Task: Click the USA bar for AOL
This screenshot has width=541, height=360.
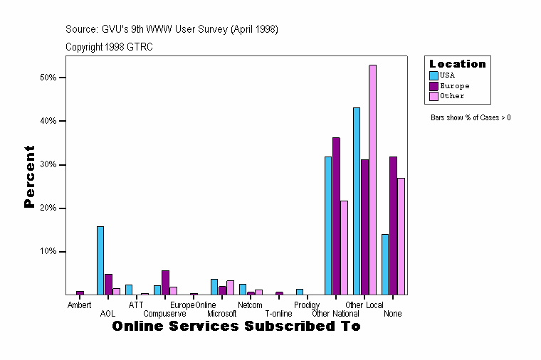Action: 100,260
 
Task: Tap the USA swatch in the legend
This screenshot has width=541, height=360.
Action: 434,75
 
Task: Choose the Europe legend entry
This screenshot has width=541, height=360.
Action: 454,85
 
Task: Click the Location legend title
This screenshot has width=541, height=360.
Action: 457,64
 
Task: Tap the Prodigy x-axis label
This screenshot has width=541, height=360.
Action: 307,305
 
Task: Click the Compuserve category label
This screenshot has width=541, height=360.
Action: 164,314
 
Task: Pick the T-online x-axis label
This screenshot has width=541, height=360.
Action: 278,314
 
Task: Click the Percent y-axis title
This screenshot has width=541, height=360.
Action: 29,176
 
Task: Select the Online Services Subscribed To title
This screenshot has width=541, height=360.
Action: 236,327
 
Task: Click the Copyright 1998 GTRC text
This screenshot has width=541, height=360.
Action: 109,47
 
